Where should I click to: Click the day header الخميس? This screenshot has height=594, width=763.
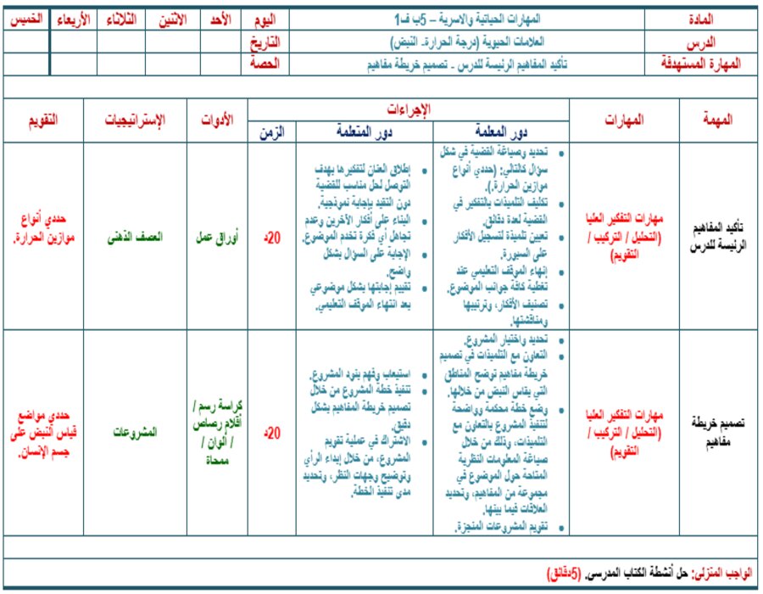click(x=25, y=19)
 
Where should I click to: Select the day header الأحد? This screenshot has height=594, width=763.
click(x=220, y=19)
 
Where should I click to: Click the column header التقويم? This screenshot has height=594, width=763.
click(x=43, y=120)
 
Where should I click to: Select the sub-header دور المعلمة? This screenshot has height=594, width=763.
click(x=500, y=132)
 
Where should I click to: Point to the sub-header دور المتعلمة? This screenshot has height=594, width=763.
click(x=365, y=132)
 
